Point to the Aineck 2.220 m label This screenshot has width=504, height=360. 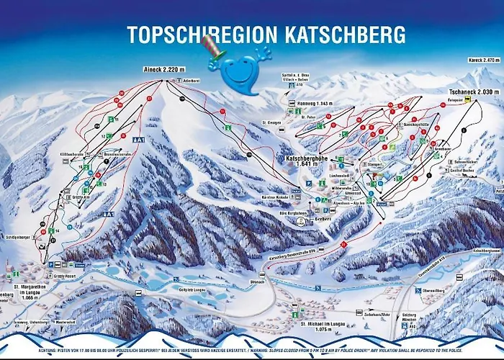(160, 70)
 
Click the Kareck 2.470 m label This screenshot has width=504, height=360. (482, 60)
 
